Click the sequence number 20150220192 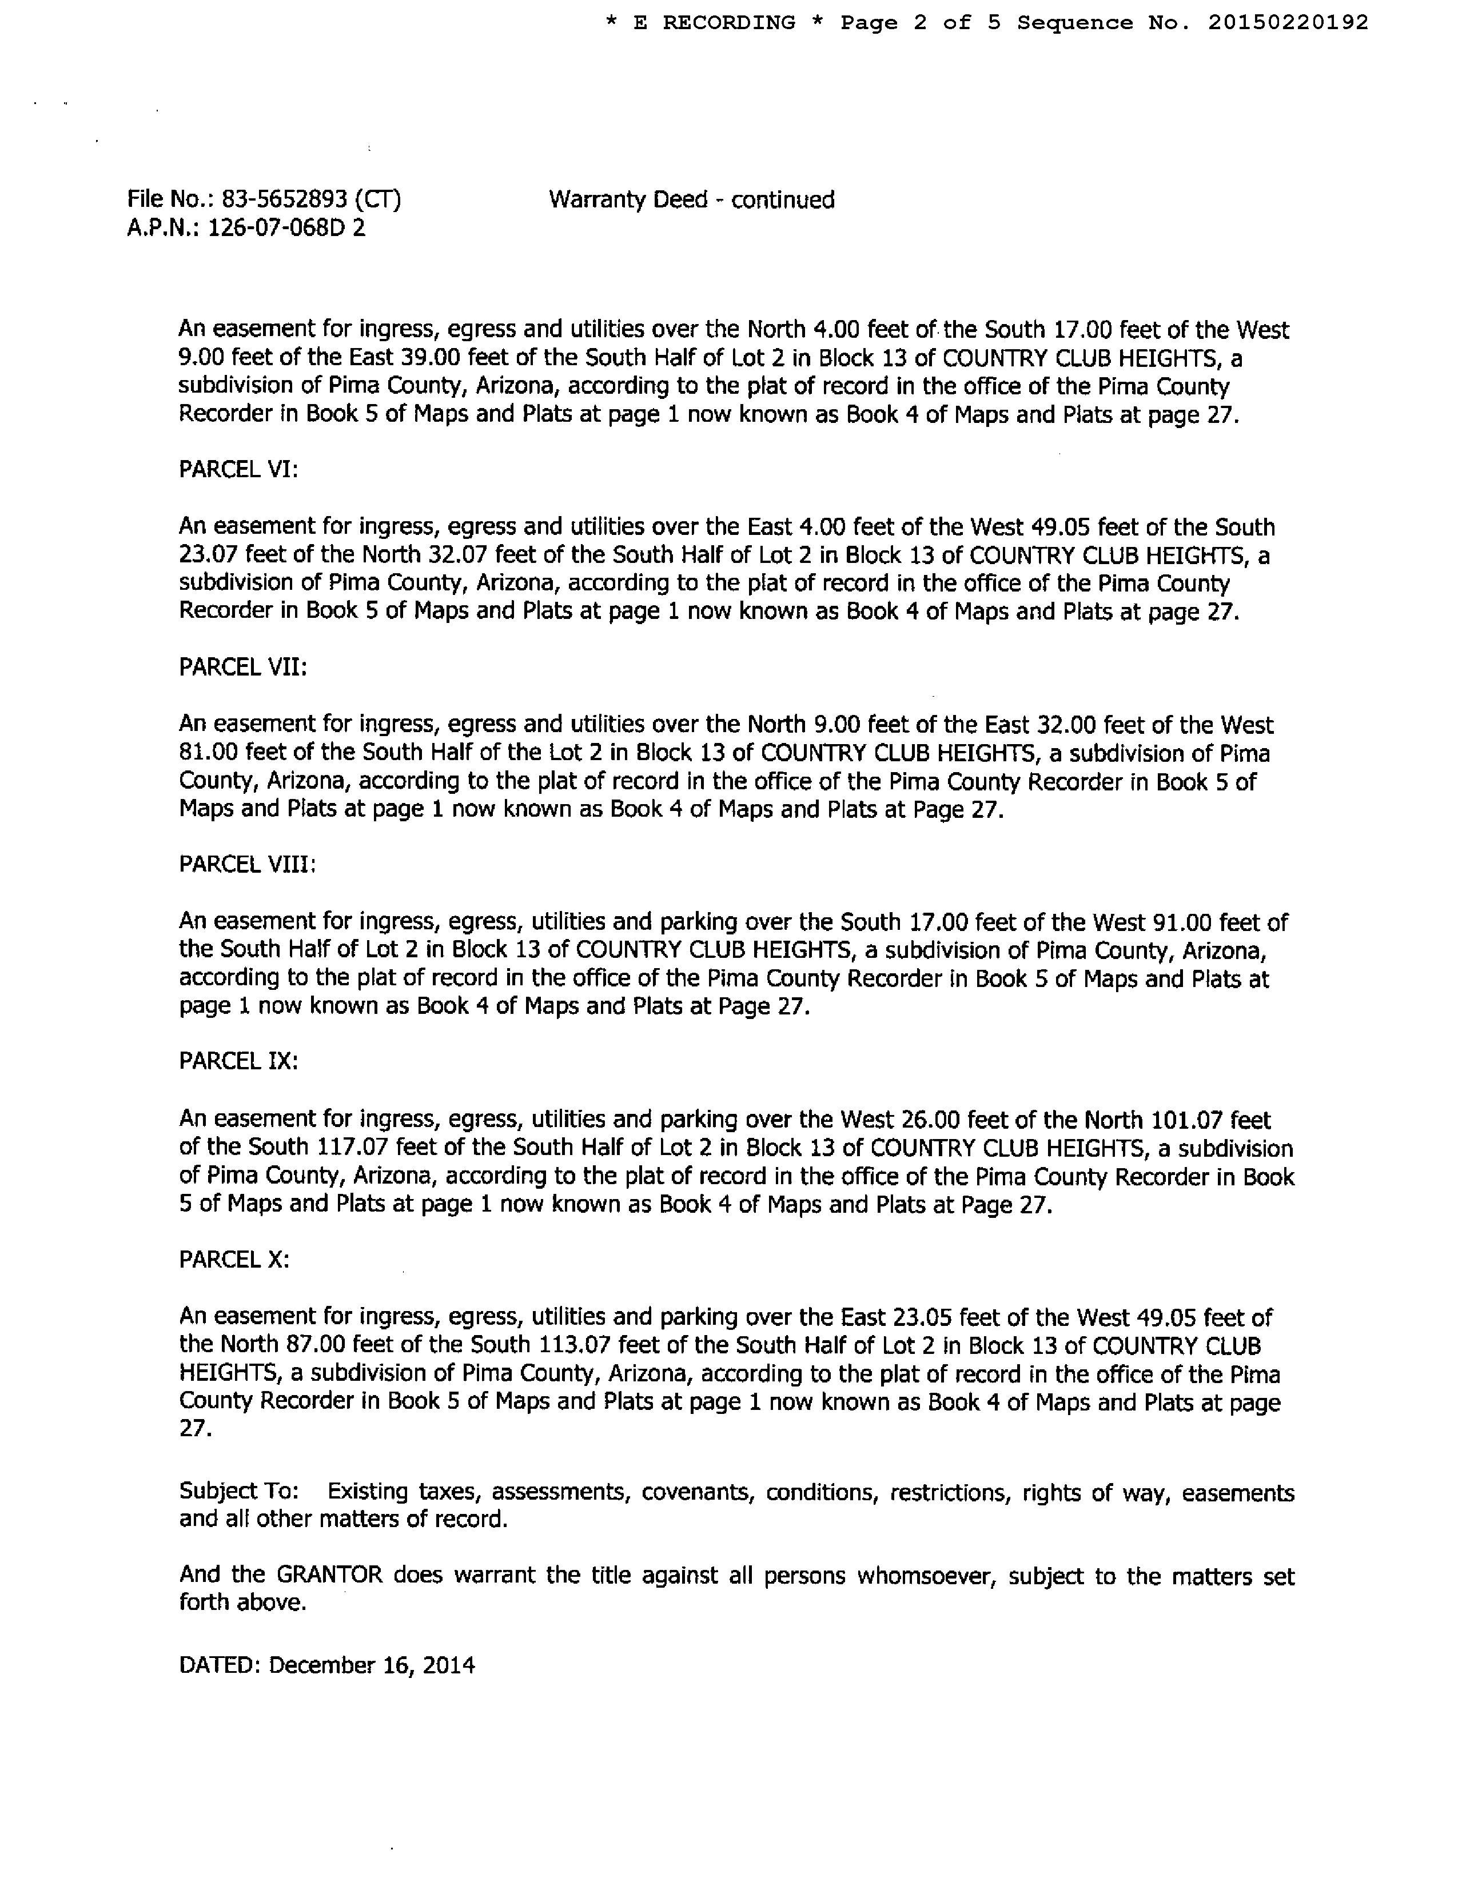coord(1288,22)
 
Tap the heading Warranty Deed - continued coord(691,199)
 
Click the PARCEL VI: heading coord(238,470)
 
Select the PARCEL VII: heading coord(242,668)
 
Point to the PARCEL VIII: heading coord(247,864)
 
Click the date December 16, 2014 coord(372,1665)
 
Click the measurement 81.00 coord(208,753)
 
